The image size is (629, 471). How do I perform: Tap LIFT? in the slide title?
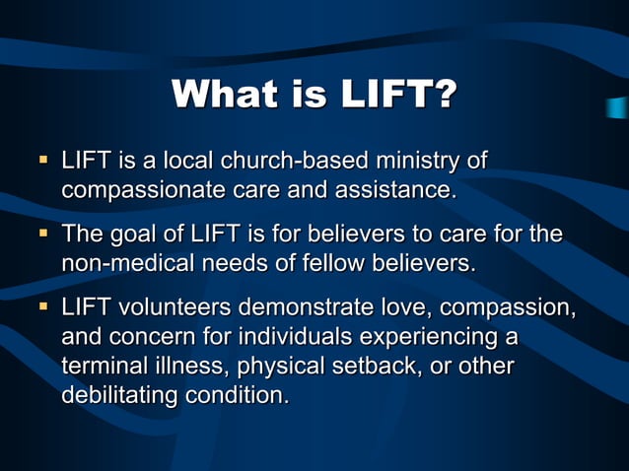pyautogui.click(x=399, y=95)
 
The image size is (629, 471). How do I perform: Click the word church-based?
pyautogui.click(x=294, y=160)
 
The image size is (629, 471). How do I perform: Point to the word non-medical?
pyautogui.click(x=124, y=263)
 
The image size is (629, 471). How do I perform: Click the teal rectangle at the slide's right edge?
pyautogui.click(x=618, y=107)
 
